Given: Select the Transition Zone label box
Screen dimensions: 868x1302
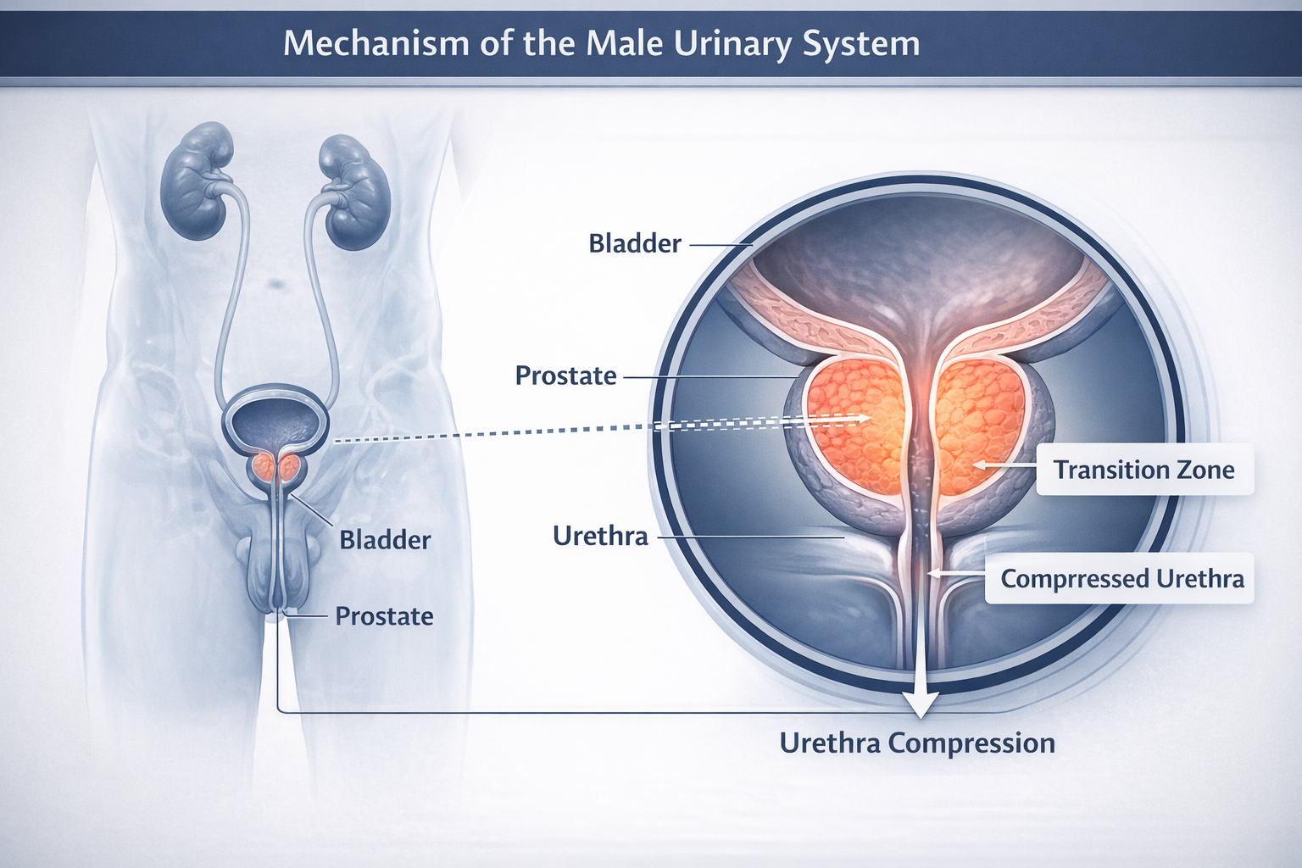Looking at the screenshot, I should click(1143, 470).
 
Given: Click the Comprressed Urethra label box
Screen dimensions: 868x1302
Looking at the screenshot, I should click(1121, 579).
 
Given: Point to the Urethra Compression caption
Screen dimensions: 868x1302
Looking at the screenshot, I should click(917, 743).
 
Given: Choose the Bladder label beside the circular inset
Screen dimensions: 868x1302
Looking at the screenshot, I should click(635, 244).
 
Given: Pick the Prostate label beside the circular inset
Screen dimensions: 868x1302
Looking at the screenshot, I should click(565, 376).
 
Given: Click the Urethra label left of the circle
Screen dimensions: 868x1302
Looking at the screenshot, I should click(600, 536).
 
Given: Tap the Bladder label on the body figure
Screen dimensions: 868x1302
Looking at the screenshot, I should click(385, 540).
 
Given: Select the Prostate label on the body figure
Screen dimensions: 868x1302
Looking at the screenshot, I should click(384, 616).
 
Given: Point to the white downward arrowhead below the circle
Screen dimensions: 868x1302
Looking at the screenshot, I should click(920, 703).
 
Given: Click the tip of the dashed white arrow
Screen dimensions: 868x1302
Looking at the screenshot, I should click(870, 418).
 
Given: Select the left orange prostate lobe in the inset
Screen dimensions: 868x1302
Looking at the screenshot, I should click(852, 424).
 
